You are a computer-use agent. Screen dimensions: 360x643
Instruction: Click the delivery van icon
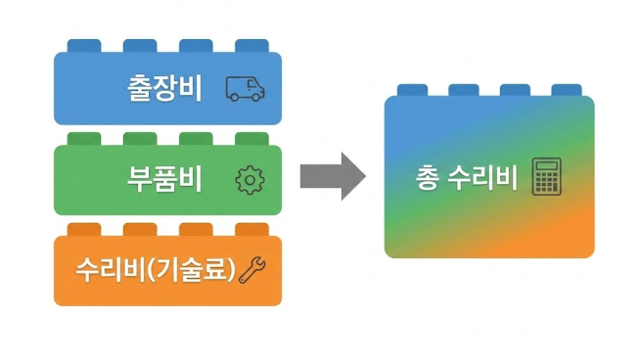pos(245,89)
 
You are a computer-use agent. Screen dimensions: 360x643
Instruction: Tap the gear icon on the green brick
pos(251,179)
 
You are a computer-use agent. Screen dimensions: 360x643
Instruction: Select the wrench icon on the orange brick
pos(253,269)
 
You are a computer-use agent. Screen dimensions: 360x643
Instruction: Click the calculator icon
pos(544,178)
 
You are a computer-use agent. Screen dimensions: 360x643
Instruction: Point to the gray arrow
pos(332,177)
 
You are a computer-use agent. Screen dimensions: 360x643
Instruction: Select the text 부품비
pos(163,179)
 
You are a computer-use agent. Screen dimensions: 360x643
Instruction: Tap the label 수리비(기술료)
pos(156,269)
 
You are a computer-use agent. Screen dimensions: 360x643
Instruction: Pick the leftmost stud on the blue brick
pos(82,46)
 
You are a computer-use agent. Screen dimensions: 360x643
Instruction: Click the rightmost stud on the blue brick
pos(252,46)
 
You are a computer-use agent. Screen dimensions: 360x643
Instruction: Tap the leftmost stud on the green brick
pos(82,138)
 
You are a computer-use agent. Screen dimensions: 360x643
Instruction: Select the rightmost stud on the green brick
pos(252,138)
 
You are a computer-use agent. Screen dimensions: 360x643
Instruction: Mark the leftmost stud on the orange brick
pos(82,229)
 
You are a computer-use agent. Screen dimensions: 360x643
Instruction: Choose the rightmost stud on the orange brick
pos(252,229)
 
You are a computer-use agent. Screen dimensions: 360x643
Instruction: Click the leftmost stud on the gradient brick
pos(412,90)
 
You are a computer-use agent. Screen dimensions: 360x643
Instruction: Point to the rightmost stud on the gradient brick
pos(567,90)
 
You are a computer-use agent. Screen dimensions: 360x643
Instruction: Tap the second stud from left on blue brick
pos(139,46)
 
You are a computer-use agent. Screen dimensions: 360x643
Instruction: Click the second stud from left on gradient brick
pos(464,90)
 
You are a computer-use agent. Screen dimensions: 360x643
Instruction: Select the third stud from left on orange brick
pos(196,229)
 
